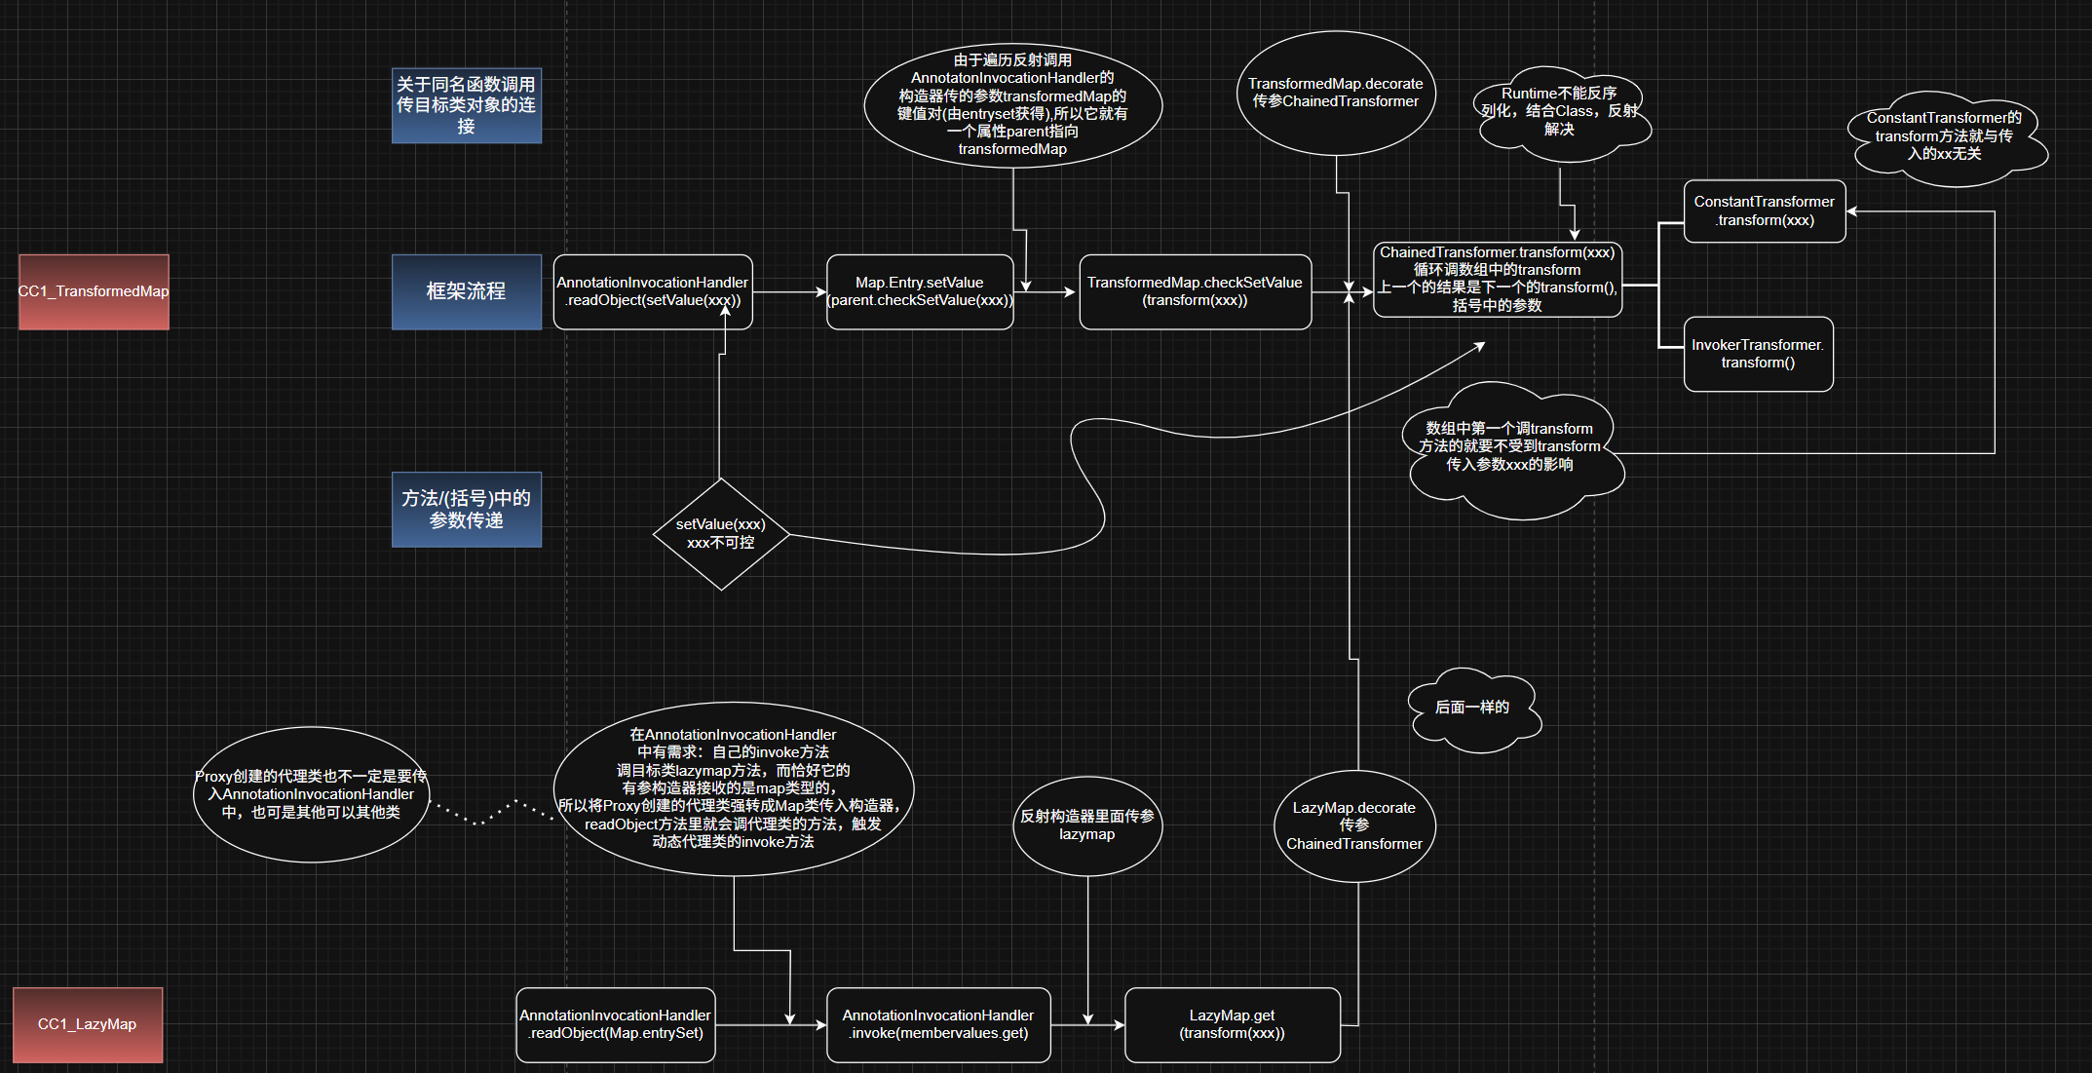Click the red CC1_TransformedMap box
[94, 291]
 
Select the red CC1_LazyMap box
[88, 1024]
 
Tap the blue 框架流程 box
[466, 291]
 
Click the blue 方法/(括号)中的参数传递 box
[466, 510]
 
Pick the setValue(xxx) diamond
[721, 533]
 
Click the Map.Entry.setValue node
[920, 291]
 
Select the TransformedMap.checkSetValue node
[1195, 291]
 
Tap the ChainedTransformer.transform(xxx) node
[1497, 279]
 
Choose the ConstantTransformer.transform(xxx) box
[1764, 211]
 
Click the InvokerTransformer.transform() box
[1758, 354]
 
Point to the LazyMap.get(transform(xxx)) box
[1232, 1024]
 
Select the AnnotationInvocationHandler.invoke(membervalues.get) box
[938, 1024]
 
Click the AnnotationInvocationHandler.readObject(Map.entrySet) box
[616, 1024]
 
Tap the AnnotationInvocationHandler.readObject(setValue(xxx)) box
[653, 291]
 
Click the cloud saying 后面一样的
[1472, 709]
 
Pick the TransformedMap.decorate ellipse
[1336, 93]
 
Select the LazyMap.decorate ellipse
[1354, 825]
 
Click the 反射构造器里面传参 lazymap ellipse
[1087, 824]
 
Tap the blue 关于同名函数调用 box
[466, 105]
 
